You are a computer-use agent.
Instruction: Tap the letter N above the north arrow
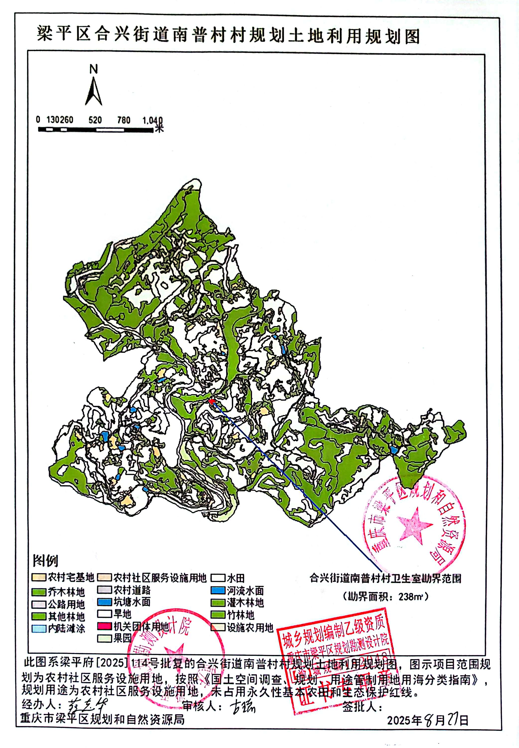94,69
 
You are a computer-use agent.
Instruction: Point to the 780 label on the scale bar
124,120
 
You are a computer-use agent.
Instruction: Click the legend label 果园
122,638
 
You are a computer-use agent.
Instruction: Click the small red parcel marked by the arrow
211,401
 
